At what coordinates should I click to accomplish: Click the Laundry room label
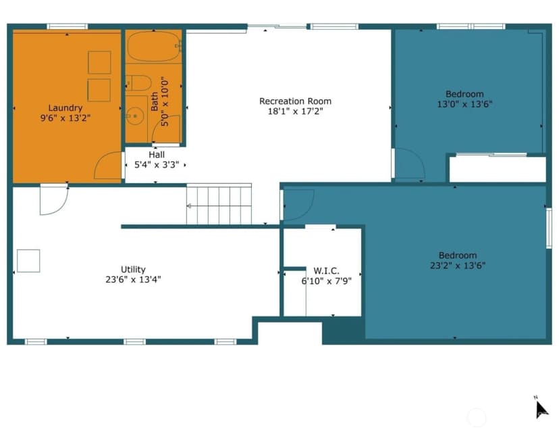65,107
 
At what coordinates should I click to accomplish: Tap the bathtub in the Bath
154,47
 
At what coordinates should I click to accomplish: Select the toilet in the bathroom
138,83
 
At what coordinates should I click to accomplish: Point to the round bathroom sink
135,116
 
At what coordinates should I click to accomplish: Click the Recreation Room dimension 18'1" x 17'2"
295,112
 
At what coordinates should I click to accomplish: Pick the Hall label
157,155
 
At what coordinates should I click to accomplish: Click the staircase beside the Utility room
219,204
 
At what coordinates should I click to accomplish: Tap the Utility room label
133,270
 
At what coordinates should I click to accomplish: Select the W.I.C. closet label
326,271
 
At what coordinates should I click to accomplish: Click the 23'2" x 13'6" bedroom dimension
458,266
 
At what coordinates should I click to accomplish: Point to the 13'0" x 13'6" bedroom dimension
464,104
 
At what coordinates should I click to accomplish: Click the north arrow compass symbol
541,409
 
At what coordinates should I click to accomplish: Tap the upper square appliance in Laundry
99,62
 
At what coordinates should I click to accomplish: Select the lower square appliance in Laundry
99,91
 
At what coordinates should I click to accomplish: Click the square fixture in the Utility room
28,261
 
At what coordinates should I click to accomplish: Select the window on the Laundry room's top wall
68,26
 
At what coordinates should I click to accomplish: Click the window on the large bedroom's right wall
550,229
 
